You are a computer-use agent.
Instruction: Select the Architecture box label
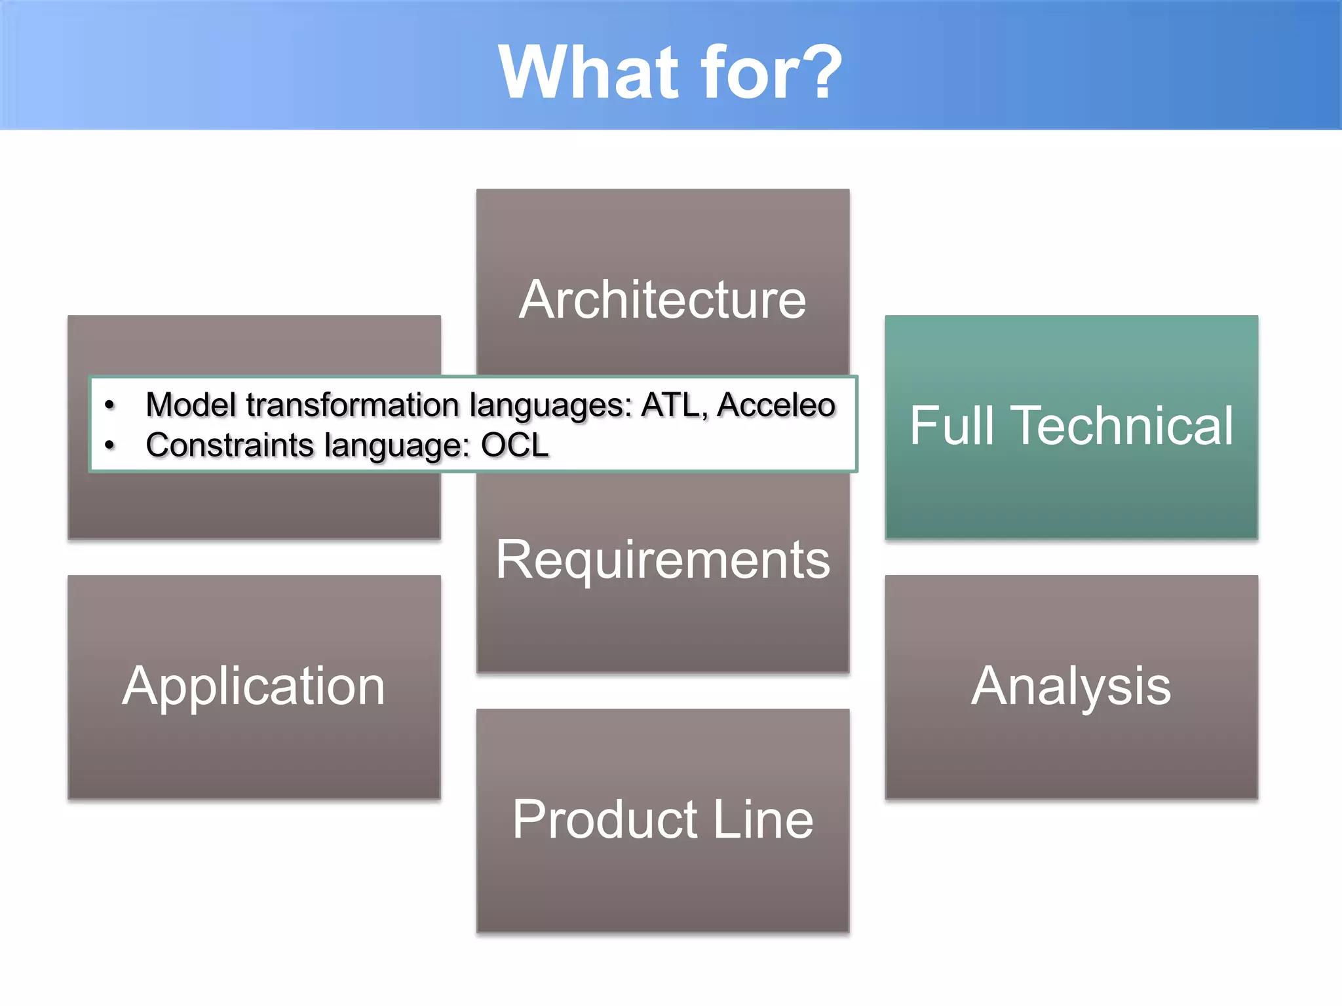(662, 300)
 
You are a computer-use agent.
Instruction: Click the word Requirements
(662, 561)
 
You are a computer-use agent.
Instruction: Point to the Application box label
(254, 686)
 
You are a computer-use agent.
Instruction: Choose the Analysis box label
(1071, 686)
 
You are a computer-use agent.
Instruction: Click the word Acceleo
(776, 405)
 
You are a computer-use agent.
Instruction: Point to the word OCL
(514, 445)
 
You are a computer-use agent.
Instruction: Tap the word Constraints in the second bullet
(229, 445)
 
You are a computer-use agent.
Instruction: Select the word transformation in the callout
(353, 405)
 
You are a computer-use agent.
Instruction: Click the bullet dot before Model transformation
(109, 405)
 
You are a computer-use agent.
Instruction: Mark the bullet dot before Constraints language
(109, 446)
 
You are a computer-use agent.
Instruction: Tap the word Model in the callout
(191, 405)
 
